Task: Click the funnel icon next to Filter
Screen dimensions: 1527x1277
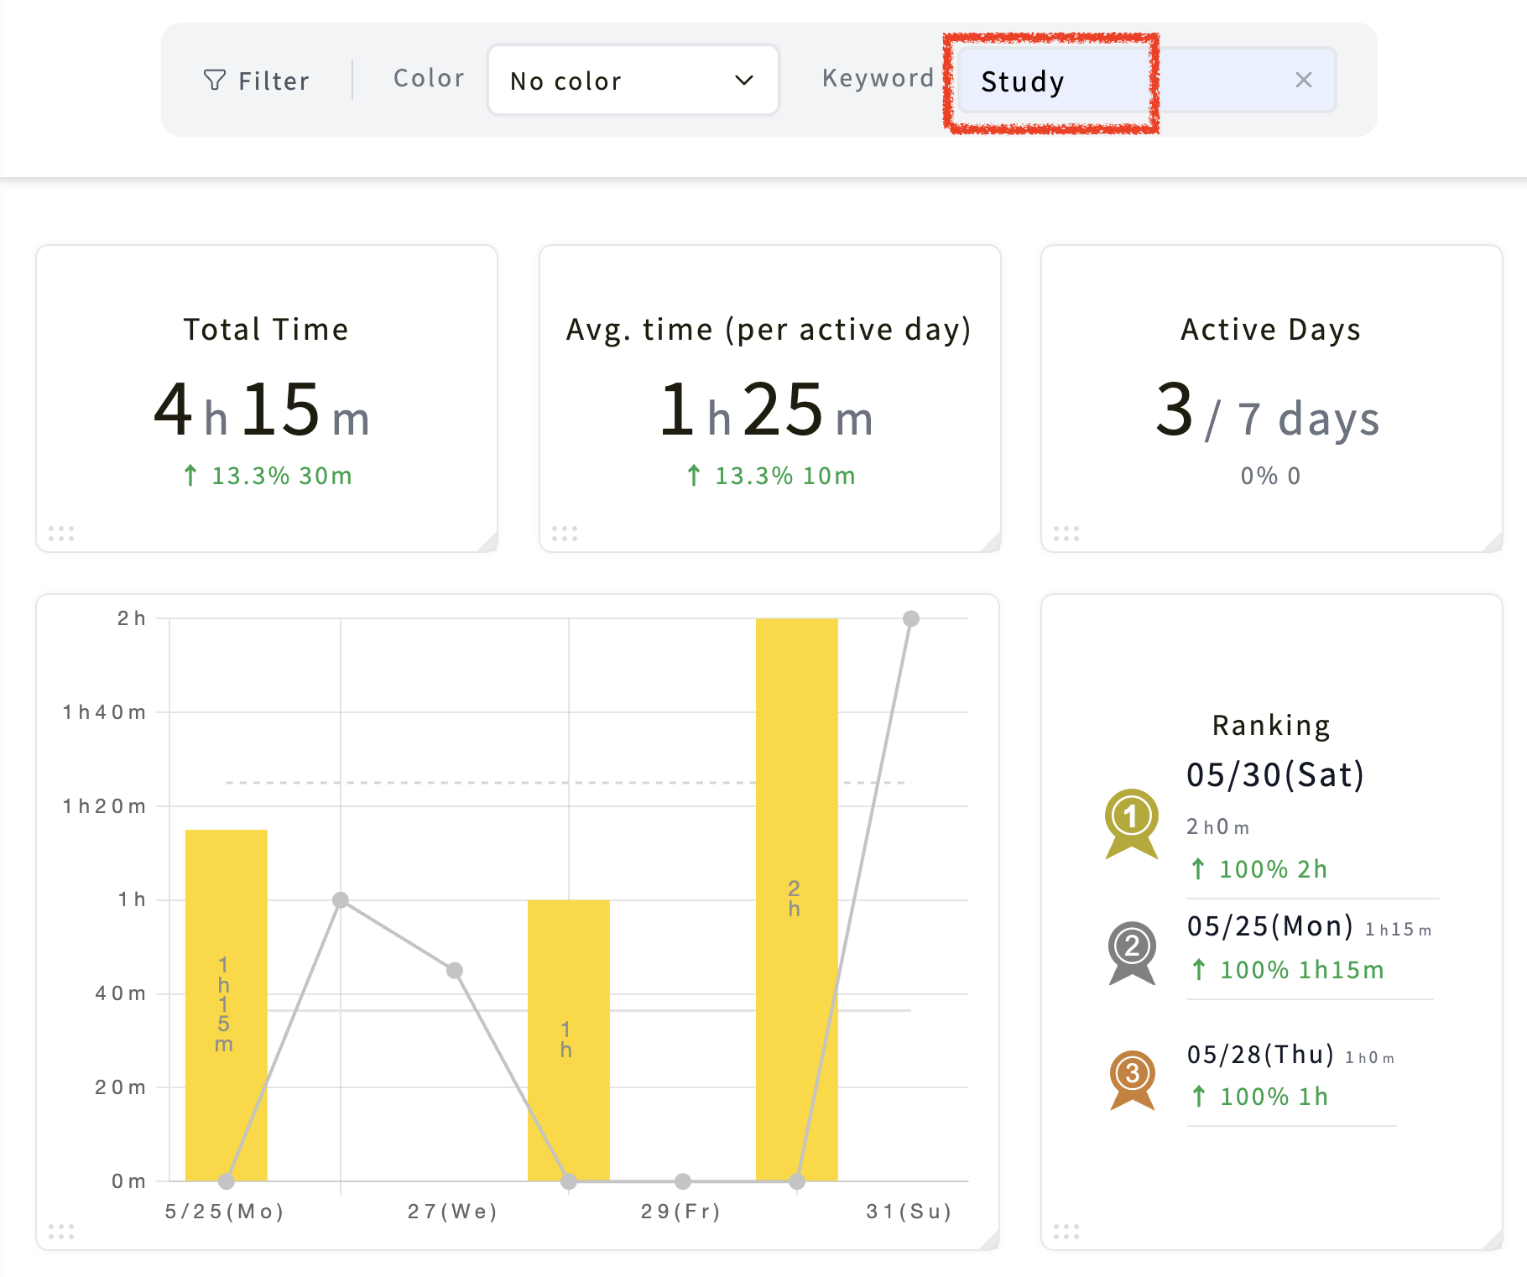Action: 215,80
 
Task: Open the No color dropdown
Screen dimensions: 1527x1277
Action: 633,80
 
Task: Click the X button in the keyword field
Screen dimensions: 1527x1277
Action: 1303,80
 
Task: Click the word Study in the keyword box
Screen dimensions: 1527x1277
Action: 1023,81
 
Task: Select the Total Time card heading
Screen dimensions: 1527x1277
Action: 266,329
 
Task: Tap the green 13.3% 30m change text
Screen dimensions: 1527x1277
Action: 268,476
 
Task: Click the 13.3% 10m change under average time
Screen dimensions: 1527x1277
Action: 771,476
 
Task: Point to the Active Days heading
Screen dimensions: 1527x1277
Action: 1271,330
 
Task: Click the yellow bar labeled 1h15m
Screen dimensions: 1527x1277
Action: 227,1005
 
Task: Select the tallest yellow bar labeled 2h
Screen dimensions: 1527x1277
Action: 797,899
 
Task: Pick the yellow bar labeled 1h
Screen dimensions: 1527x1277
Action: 569,1040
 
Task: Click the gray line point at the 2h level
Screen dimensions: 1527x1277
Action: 911,618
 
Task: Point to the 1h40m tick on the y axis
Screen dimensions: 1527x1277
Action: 105,712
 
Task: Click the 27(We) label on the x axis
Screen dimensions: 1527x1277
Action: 453,1212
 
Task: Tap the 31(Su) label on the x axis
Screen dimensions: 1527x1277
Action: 909,1212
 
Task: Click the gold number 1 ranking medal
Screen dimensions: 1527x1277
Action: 1132,823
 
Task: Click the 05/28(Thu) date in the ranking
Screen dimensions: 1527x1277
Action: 1260,1055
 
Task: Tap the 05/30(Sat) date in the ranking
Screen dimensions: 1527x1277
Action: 1275,775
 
